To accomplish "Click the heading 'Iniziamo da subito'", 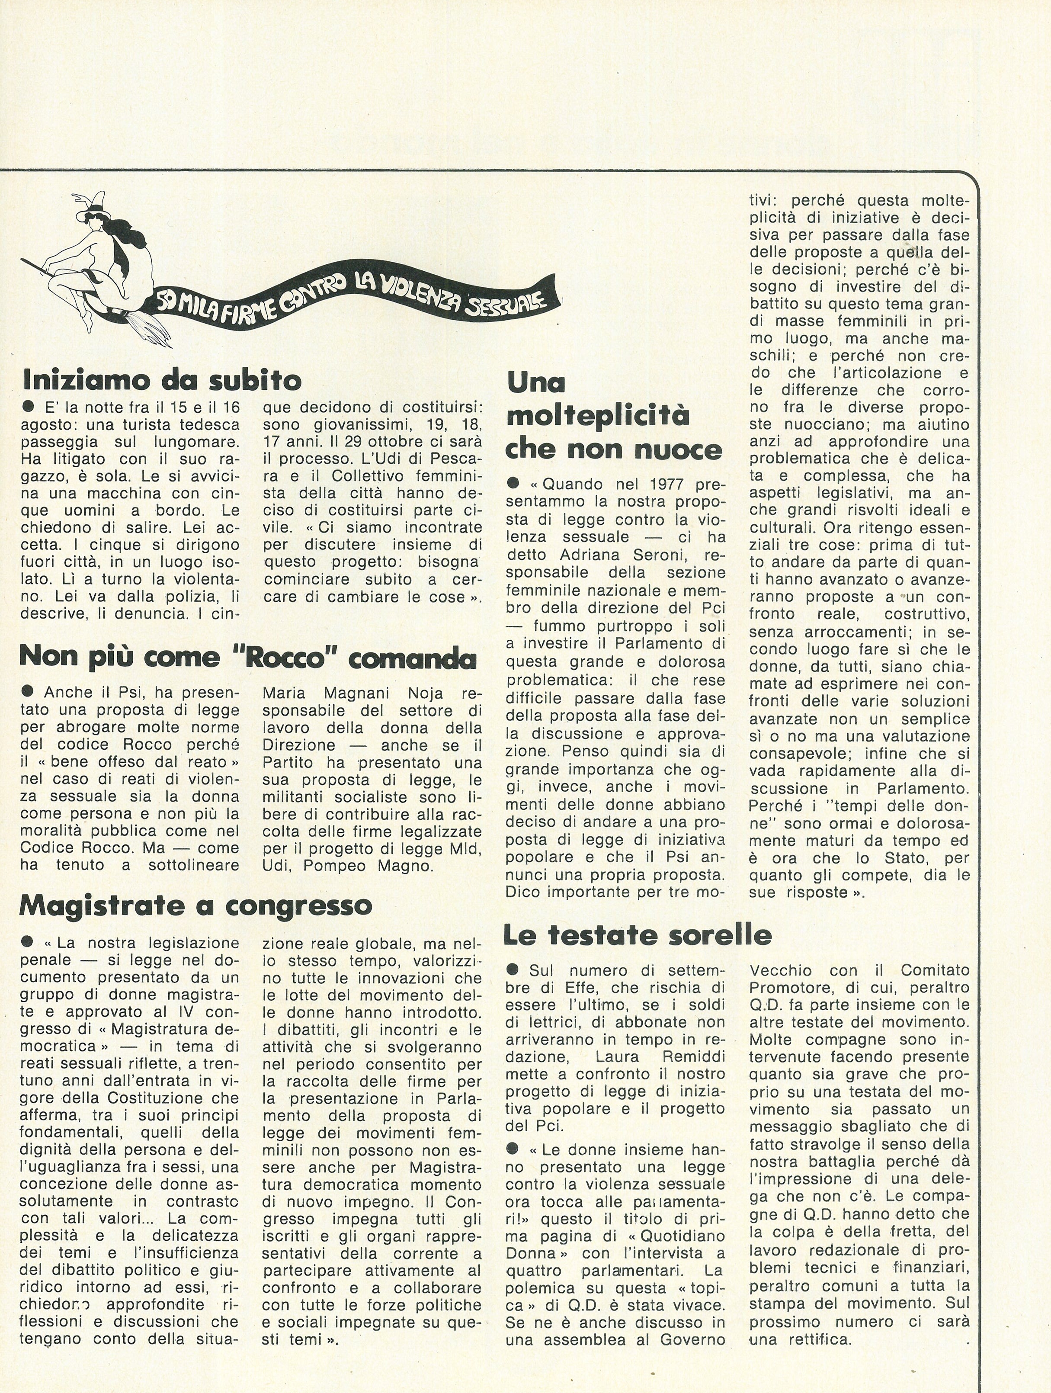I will click(x=162, y=380).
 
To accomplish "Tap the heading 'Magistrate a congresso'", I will click(x=196, y=905).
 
